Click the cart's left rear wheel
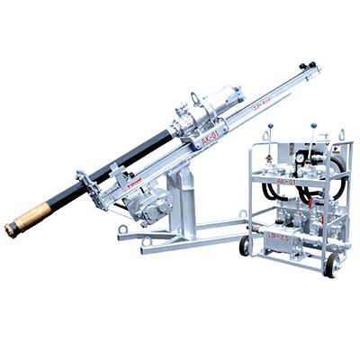[x=244, y=245]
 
